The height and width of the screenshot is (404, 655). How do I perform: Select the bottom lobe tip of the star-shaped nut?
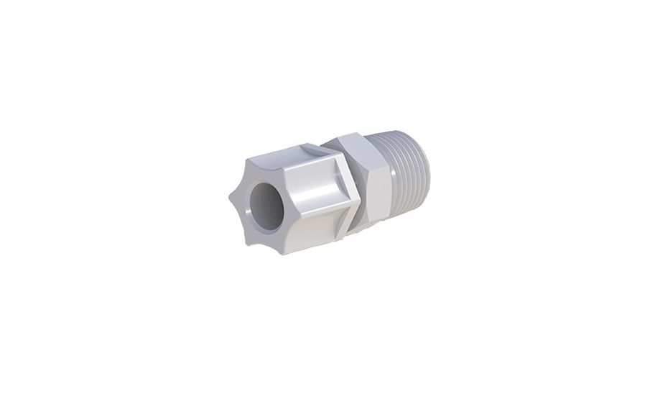(252, 242)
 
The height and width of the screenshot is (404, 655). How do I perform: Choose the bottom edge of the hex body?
(370, 229)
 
